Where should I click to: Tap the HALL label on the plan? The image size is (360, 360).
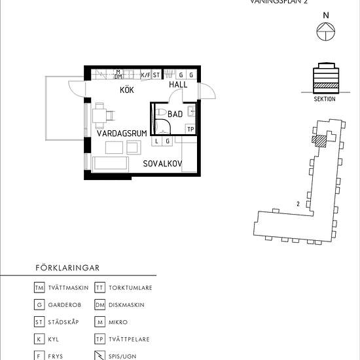point(178,85)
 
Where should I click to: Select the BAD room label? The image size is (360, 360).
point(175,114)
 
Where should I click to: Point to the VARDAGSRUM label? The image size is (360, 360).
point(122,133)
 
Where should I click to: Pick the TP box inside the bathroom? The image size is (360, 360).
point(190,129)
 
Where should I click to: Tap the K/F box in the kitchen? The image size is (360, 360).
point(145,75)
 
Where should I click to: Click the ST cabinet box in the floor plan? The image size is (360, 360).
point(156,75)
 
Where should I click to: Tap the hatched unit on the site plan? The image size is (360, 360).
point(319,139)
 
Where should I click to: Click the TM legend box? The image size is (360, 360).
point(40,287)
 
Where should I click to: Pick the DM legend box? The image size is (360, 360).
point(100,304)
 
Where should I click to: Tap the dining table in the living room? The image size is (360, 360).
point(100,117)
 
